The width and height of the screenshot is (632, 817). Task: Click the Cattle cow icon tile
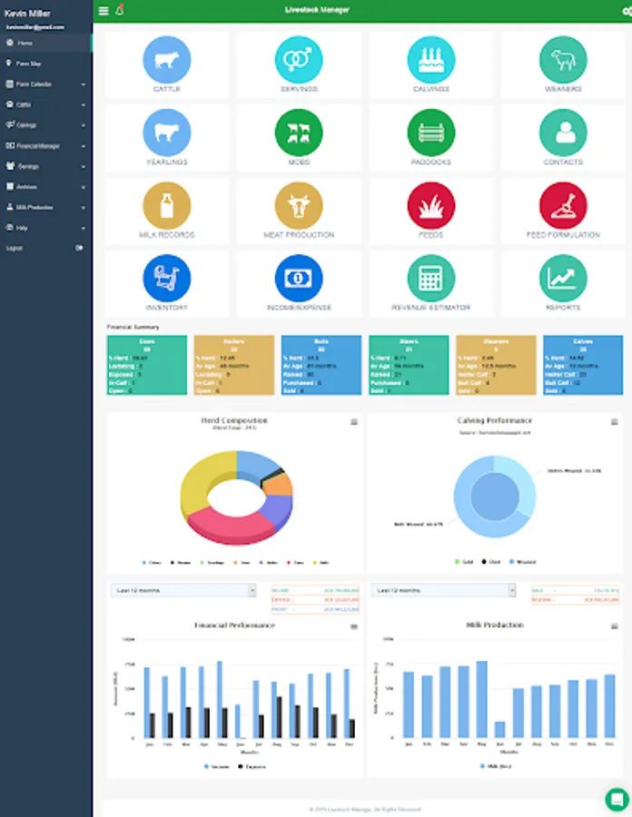[x=166, y=60]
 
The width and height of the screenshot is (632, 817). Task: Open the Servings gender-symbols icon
[x=299, y=60]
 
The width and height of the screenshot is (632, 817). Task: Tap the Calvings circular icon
[x=431, y=60]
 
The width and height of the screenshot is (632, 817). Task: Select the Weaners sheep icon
[x=563, y=60]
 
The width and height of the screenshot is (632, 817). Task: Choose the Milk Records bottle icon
[x=166, y=205]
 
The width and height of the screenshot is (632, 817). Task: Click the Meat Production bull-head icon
[x=299, y=205]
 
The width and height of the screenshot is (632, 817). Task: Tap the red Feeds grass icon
[x=431, y=205]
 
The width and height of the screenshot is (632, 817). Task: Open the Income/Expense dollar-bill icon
[x=299, y=278]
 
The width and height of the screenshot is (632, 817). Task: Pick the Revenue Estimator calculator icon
[x=431, y=278]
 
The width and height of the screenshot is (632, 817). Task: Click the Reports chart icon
[x=563, y=278]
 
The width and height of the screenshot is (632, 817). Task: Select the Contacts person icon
[x=563, y=133]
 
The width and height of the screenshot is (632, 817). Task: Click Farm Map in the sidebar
[x=29, y=64]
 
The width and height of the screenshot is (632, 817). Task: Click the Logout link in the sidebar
[x=15, y=248]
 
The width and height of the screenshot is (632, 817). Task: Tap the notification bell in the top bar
[x=120, y=11]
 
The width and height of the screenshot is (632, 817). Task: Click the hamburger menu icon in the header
[x=104, y=11]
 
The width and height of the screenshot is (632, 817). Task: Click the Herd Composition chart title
[x=234, y=421]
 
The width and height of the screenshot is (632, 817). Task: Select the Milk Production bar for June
[x=499, y=729]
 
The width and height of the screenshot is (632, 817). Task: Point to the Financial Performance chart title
[x=234, y=625]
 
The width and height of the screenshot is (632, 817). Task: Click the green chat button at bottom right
[x=617, y=799]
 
